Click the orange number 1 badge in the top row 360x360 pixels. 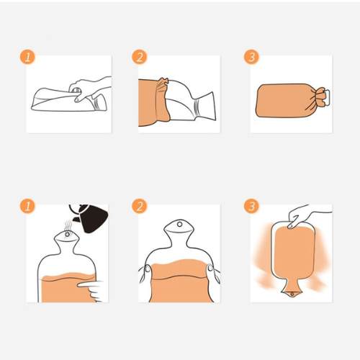pos(27,57)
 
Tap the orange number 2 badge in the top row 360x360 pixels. pos(140,57)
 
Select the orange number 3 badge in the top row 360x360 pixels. pos(251,57)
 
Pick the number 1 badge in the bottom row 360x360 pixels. pos(27,206)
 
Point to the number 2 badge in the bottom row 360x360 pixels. pos(140,206)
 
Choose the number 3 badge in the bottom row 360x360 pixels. pos(251,206)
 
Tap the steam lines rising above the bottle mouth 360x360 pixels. pos(68,225)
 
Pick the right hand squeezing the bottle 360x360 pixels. pos(214,274)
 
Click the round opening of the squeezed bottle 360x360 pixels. pos(179,225)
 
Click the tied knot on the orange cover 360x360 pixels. pos(321,96)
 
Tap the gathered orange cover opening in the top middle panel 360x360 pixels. pos(163,99)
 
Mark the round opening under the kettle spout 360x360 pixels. pos(67,234)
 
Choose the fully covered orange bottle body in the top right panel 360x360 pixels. pos(287,100)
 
